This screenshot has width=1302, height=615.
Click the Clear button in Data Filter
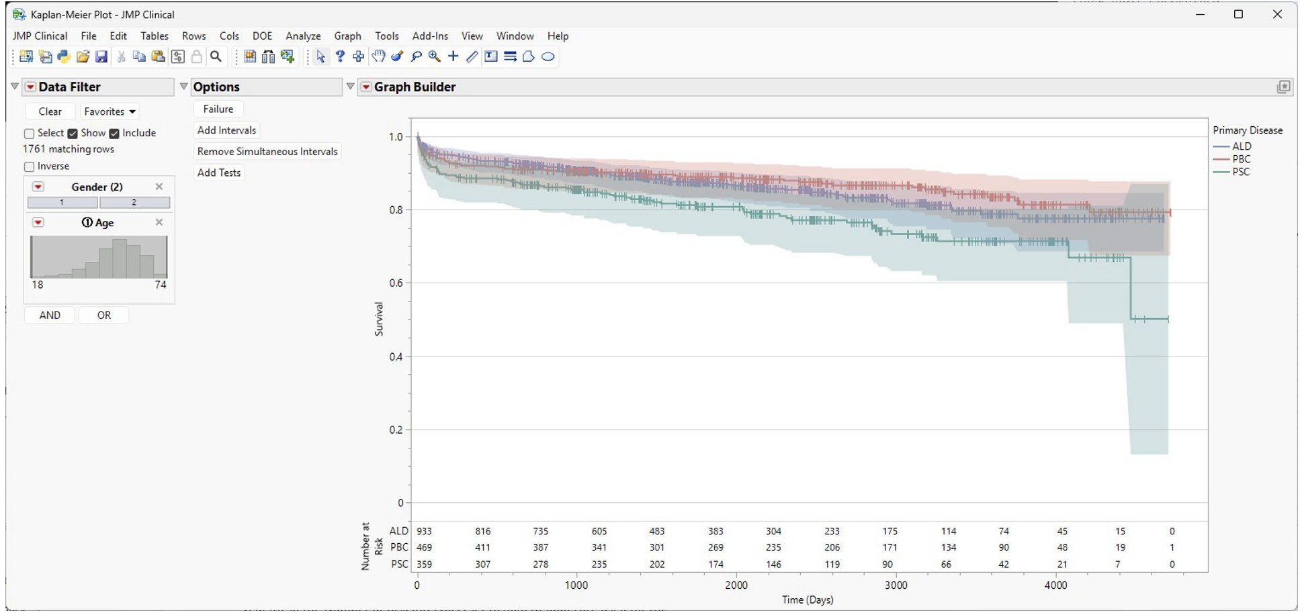(x=50, y=111)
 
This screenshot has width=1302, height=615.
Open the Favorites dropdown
(x=110, y=111)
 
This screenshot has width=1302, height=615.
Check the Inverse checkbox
(x=29, y=167)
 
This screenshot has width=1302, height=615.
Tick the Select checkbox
(x=29, y=134)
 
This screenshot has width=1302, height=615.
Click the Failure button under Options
(x=218, y=109)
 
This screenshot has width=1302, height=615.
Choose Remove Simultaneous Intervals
(x=267, y=152)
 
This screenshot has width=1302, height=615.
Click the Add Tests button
(x=219, y=173)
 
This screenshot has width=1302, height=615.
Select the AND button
(x=50, y=315)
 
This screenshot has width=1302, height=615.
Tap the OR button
(x=104, y=315)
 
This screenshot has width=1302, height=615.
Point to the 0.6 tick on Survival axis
(x=396, y=283)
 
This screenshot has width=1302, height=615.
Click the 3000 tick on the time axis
(x=896, y=585)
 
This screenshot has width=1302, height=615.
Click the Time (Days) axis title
(x=808, y=600)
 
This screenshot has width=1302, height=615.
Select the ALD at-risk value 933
(x=424, y=531)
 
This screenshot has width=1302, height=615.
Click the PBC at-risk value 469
(x=424, y=548)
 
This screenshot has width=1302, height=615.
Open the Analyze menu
(x=303, y=36)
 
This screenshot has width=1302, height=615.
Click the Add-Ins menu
(x=430, y=36)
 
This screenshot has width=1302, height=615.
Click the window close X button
(x=1277, y=15)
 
